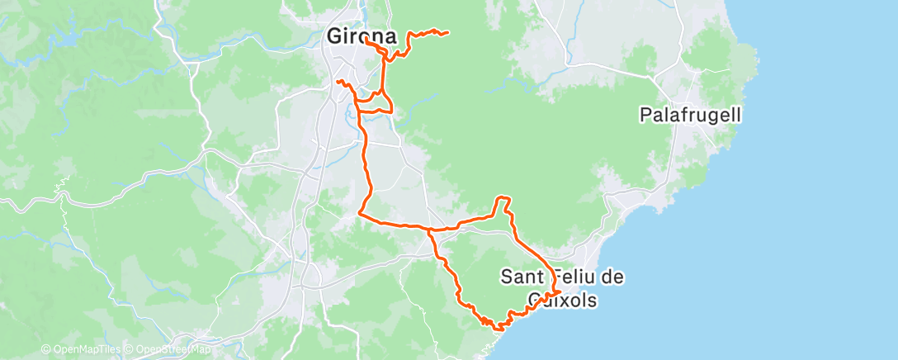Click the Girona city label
coord(362,37)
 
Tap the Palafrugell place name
coord(690,115)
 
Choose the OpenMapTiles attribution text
coord(83,350)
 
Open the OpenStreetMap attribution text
coord(168,350)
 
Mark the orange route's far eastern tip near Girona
coord(447,33)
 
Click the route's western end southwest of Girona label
coord(338,81)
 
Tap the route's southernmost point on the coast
coord(499,329)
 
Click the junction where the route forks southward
coord(428,229)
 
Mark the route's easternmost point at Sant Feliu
coord(560,291)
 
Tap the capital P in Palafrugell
coord(645,115)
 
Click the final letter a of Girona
coord(390,37)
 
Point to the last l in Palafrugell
coord(738,115)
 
